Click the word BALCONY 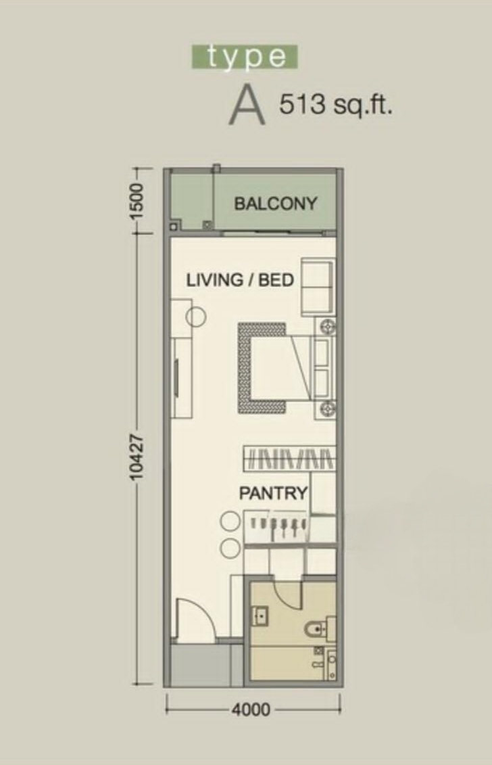pyautogui.click(x=276, y=204)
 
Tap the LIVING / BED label pyautogui.click(x=241, y=280)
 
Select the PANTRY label pyautogui.click(x=273, y=493)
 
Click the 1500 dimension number pyautogui.click(x=137, y=201)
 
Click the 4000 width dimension pyautogui.click(x=251, y=710)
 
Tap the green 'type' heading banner pyautogui.click(x=244, y=57)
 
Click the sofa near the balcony pyautogui.click(x=318, y=288)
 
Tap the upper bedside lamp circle pyautogui.click(x=326, y=325)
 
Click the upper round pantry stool pyautogui.click(x=230, y=521)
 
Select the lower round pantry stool pyautogui.click(x=230, y=549)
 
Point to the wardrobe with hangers pyautogui.click(x=289, y=459)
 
